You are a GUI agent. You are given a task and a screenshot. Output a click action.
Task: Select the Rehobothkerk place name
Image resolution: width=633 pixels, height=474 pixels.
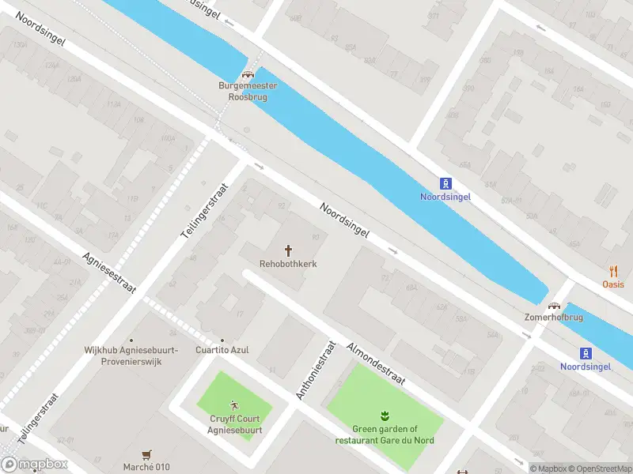pyautogui.click(x=288, y=264)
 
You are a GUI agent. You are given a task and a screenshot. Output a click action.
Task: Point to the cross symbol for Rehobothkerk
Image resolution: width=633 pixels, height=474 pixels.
pyautogui.click(x=288, y=250)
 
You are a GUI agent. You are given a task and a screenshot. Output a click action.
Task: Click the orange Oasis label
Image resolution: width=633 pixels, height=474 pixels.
pyautogui.click(x=612, y=284)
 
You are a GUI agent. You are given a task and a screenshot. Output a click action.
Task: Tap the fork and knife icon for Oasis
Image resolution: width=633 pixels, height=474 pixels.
pyautogui.click(x=613, y=271)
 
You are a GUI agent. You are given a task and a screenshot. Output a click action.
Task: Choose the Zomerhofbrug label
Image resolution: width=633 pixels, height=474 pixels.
pyautogui.click(x=554, y=318)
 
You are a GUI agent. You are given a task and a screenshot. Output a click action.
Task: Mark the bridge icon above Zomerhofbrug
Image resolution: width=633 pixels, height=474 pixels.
pyautogui.click(x=555, y=305)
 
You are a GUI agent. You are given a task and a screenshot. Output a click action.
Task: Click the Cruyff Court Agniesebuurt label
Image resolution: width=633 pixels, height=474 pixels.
pyautogui.click(x=236, y=425)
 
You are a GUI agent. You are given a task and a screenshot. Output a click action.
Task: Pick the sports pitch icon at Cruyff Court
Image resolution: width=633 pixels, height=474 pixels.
pyautogui.click(x=234, y=406)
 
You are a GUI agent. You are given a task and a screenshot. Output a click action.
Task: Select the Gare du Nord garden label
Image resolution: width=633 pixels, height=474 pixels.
pyautogui.click(x=385, y=434)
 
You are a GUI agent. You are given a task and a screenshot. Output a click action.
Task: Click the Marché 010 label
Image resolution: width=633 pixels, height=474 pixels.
pyautogui.click(x=146, y=467)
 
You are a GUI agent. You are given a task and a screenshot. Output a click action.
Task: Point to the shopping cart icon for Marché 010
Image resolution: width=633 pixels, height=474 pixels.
pyautogui.click(x=146, y=454)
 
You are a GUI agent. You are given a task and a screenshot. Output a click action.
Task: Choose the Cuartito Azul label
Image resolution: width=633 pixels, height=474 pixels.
pyautogui.click(x=222, y=350)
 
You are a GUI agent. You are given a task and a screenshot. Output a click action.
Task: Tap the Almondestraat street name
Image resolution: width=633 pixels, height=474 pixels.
pyautogui.click(x=376, y=364)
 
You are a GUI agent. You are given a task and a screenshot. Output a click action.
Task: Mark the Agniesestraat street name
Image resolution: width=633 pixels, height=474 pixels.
pyautogui.click(x=108, y=275)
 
